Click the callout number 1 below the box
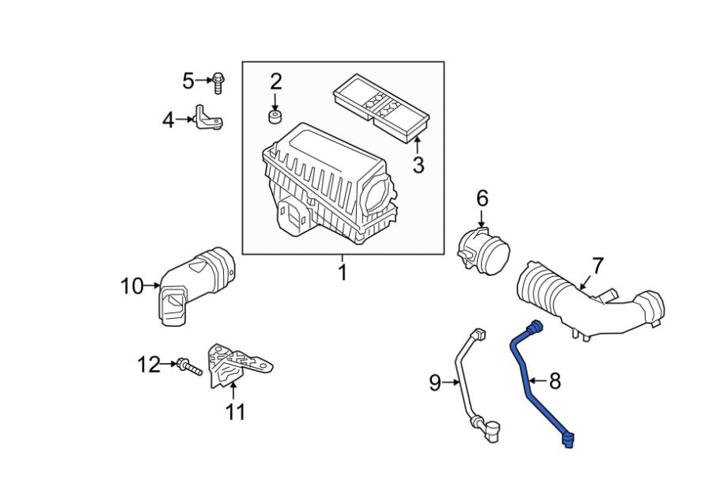coord(343,273)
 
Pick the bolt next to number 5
coord(217,81)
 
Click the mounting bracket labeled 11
coord(237,365)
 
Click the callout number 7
coord(597,265)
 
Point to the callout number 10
coord(131,286)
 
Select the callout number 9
coord(434,384)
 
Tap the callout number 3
coord(418,165)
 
